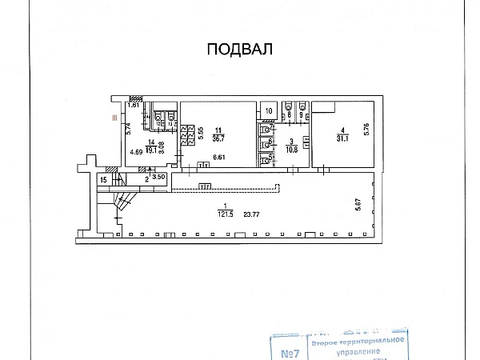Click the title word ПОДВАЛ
pyautogui.click(x=240, y=50)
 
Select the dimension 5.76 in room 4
pyautogui.click(x=367, y=127)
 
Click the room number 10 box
pyautogui.click(x=269, y=110)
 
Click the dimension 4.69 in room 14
pyautogui.click(x=136, y=152)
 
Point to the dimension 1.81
pyautogui.click(x=134, y=105)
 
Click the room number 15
pyautogui.click(x=103, y=180)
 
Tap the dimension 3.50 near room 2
pyautogui.click(x=158, y=176)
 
